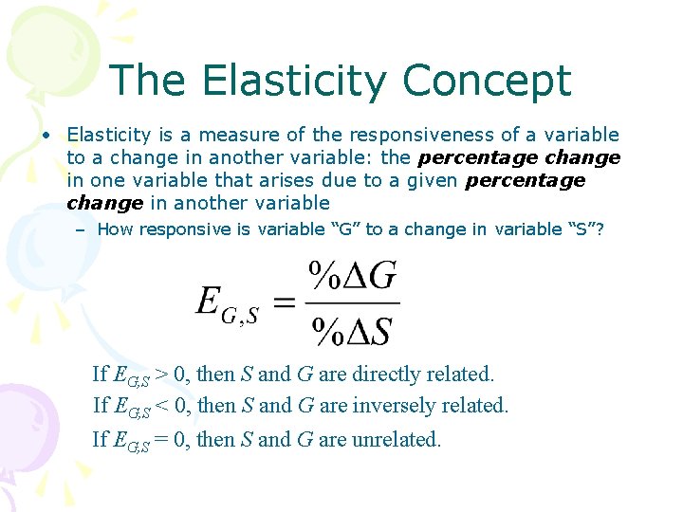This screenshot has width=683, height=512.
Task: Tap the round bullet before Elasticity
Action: pyautogui.click(x=46, y=135)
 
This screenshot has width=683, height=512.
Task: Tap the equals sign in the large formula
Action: pyautogui.click(x=284, y=303)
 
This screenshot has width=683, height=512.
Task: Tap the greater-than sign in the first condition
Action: pyautogui.click(x=162, y=375)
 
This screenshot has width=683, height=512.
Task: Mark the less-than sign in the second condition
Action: pyautogui.click(x=162, y=406)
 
